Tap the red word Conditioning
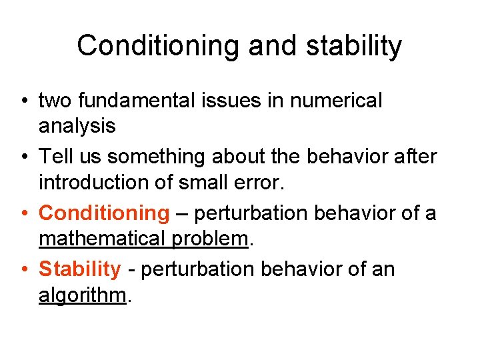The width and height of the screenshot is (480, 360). click(105, 213)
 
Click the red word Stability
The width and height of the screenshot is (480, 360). click(80, 269)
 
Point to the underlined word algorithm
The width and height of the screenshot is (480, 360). click(82, 294)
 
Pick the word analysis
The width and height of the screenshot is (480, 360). click(77, 125)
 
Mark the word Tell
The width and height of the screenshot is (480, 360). click(54, 157)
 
